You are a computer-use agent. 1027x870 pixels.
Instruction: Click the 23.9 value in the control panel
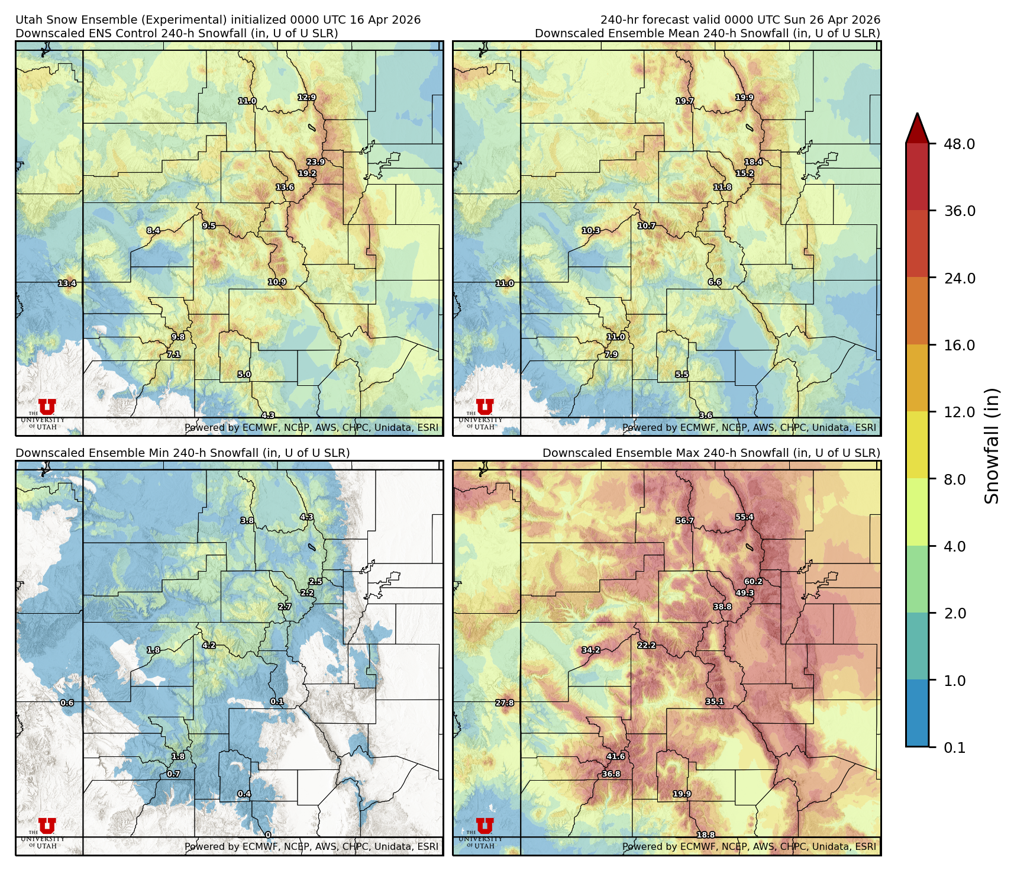(x=315, y=162)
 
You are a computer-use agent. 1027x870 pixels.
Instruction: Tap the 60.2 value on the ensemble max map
(x=753, y=582)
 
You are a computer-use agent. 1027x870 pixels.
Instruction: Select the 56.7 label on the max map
(x=684, y=521)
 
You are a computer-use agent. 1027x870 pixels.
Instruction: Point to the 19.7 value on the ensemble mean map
(x=684, y=101)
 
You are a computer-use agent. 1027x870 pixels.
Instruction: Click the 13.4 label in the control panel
(x=67, y=283)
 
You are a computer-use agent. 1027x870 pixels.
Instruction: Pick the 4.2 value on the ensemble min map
(x=209, y=645)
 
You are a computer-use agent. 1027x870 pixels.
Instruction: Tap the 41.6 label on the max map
(x=615, y=756)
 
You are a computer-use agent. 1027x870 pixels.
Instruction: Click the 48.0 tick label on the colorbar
(x=959, y=144)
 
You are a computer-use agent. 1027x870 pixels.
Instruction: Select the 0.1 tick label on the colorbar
(x=954, y=748)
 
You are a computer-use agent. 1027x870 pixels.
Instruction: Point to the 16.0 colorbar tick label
(x=959, y=346)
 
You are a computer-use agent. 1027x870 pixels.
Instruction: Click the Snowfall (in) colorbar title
(x=992, y=446)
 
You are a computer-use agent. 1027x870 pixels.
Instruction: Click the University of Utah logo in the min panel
(x=47, y=832)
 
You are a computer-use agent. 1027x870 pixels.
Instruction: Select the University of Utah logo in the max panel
(x=484, y=832)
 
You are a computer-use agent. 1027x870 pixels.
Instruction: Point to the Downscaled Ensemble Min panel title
(x=182, y=453)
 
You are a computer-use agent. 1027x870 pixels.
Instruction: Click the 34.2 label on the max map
(x=590, y=650)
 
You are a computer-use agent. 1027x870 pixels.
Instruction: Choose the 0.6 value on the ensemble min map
(x=67, y=703)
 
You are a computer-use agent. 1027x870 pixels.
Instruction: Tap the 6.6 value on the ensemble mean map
(x=714, y=282)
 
